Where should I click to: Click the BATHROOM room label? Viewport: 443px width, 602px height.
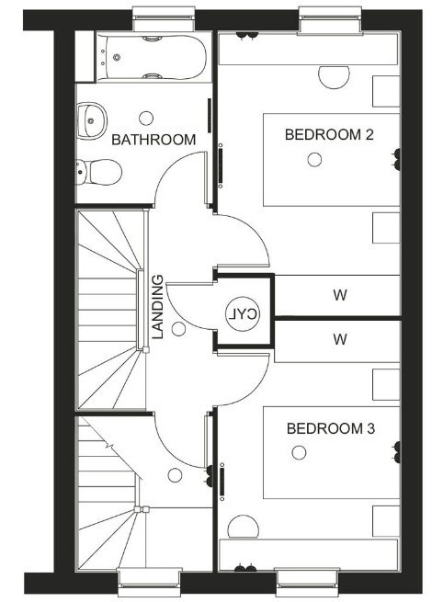pos(153,140)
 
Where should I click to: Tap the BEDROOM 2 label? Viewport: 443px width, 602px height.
pos(329,135)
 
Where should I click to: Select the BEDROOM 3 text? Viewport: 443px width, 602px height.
pos(331,428)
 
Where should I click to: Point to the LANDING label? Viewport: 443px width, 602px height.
pos(158,307)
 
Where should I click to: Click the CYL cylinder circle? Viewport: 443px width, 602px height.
pos(243,314)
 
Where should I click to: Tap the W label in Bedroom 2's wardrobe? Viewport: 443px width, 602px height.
pos(340,295)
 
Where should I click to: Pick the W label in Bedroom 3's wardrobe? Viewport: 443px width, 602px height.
pos(340,339)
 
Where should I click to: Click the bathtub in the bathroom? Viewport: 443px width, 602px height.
pos(152,58)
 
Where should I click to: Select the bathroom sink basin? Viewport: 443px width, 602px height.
pos(91,120)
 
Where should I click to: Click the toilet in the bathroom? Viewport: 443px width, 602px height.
pos(99,172)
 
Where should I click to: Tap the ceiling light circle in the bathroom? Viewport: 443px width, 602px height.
pos(146,119)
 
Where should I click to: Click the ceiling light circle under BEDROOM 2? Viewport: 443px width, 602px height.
pos(314,160)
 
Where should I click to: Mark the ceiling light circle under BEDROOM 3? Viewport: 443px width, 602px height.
pos(299,453)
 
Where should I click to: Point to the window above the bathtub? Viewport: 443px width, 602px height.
pos(164,19)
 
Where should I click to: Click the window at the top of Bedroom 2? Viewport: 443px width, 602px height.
pos(331,21)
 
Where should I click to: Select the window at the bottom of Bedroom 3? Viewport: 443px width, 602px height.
pos(308,583)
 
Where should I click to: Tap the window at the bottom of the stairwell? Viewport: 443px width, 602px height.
pos(149,583)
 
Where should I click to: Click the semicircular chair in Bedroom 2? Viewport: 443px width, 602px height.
pos(334,78)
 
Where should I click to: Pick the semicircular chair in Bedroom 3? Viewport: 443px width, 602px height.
pos(243,527)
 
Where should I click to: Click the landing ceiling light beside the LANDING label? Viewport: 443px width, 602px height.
pos(178,329)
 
